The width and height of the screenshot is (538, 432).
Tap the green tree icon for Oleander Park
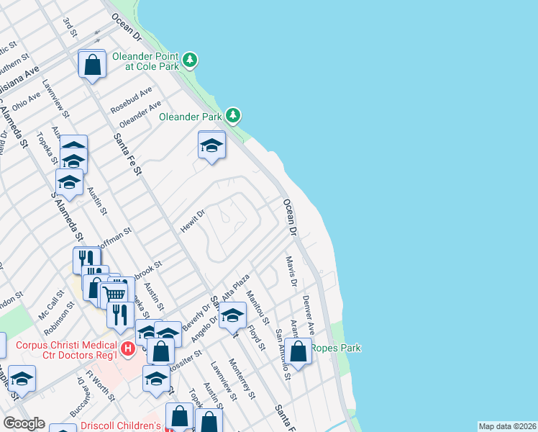tap(233, 115)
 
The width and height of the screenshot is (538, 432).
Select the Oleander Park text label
tap(190, 116)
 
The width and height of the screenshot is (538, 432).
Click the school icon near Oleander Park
tap(211, 146)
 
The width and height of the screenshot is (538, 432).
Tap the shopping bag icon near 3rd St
tap(93, 65)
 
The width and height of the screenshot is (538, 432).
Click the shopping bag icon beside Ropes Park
tap(298, 352)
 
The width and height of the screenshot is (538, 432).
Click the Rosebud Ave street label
tap(131, 101)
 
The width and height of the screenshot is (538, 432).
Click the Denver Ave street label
tap(309, 314)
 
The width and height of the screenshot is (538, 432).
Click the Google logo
tap(24, 423)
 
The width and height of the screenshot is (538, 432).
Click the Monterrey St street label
tap(242, 378)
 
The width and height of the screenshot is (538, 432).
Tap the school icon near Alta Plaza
tap(232, 316)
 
